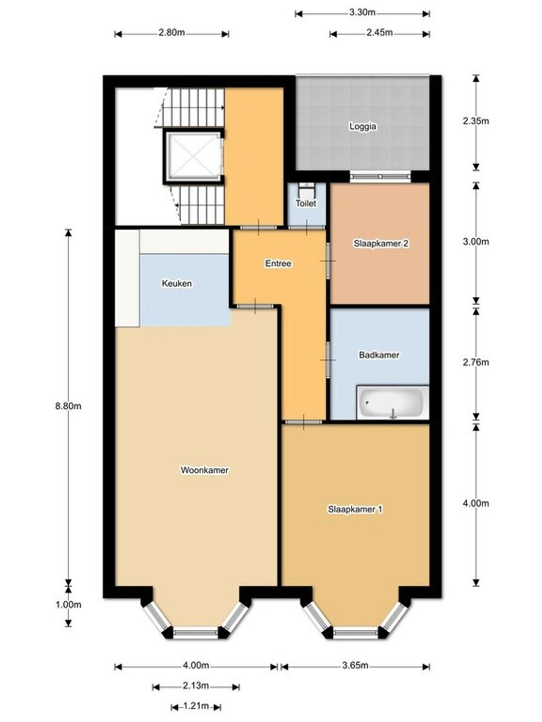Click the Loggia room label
[x=363, y=126]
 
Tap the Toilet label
[x=306, y=203]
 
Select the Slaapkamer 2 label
[x=381, y=243]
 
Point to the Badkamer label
[x=379, y=355]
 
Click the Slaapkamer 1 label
[x=355, y=509]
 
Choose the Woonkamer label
[x=204, y=470]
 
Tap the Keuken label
[x=177, y=283]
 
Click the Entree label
[x=278, y=263]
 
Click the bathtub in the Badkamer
[x=393, y=403]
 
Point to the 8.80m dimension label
[x=68, y=406]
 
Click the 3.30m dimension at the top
[x=362, y=13]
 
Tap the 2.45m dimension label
[x=379, y=33]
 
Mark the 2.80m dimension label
[x=172, y=33]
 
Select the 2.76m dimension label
[x=476, y=362]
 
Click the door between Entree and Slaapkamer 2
[x=328, y=261]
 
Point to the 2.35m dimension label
[x=476, y=121]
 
